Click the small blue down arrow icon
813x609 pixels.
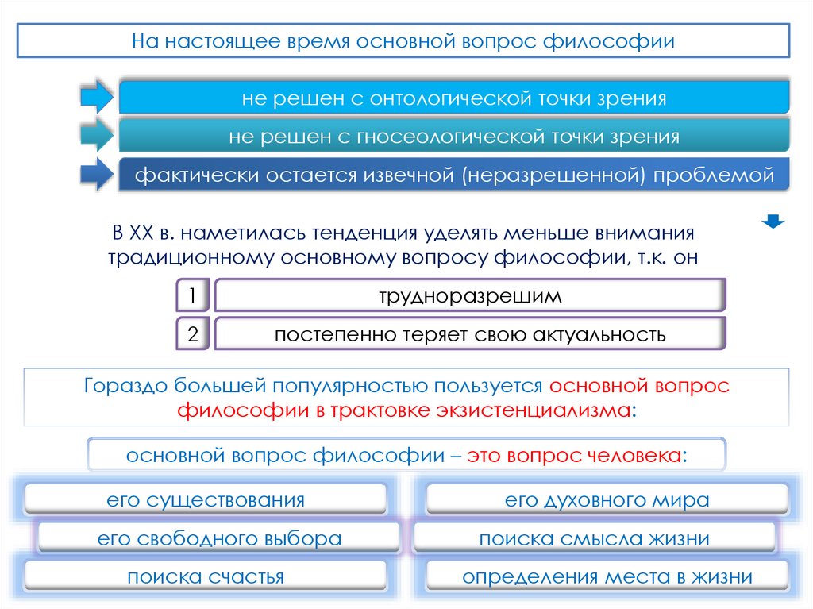click(x=773, y=222)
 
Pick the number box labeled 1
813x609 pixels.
click(x=192, y=297)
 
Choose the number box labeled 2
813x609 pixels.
click(x=192, y=333)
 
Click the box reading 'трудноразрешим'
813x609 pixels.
click(x=470, y=297)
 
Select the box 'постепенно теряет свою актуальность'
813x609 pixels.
click(x=470, y=334)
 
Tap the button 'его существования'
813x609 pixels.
click(x=206, y=500)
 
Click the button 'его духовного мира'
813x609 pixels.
click(x=607, y=500)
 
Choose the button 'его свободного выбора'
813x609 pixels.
click(x=219, y=538)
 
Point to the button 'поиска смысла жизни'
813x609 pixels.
click(x=594, y=538)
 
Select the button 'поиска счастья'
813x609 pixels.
click(x=206, y=576)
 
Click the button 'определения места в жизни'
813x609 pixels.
click(x=607, y=576)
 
